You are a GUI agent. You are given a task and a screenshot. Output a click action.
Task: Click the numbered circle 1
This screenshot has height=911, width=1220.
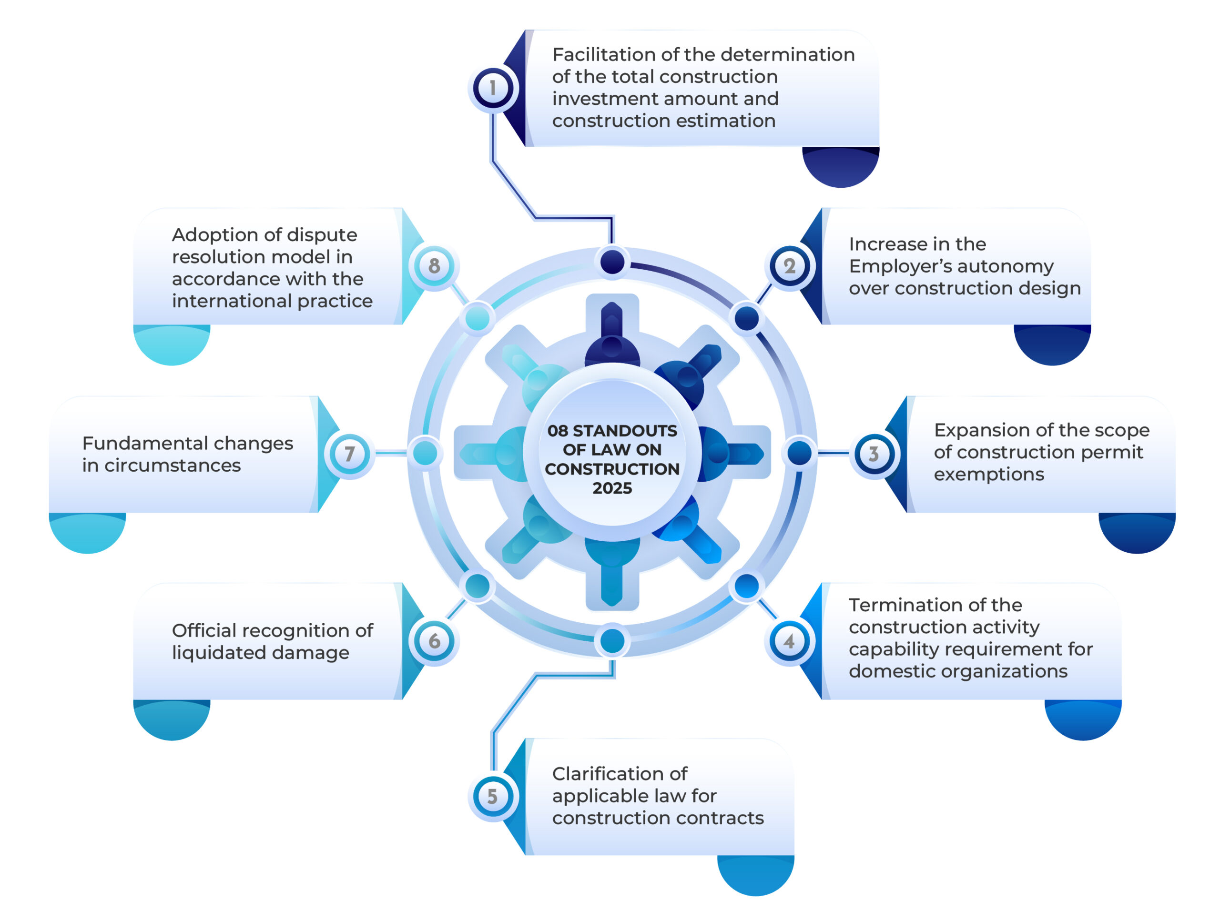492,88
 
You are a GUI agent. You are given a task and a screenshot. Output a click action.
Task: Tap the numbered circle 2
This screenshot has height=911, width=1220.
789,266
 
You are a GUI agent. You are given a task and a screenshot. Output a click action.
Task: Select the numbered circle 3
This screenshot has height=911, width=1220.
874,454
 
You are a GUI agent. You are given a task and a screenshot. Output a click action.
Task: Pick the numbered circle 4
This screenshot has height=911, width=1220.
789,641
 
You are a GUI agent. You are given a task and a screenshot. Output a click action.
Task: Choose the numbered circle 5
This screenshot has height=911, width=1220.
492,796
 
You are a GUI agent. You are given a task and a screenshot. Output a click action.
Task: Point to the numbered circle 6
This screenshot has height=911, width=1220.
435,641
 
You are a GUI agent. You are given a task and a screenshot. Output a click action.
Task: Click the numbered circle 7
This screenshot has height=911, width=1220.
349,454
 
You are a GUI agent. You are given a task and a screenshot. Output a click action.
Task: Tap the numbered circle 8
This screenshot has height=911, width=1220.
435,266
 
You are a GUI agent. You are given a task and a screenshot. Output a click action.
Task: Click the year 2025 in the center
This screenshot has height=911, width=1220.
612,488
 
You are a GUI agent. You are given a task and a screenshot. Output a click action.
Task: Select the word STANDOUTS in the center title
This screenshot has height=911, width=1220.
624,431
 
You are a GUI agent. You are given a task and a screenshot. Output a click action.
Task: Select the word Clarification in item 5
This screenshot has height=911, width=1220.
620,774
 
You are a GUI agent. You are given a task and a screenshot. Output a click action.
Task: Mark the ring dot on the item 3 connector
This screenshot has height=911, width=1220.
799,453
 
